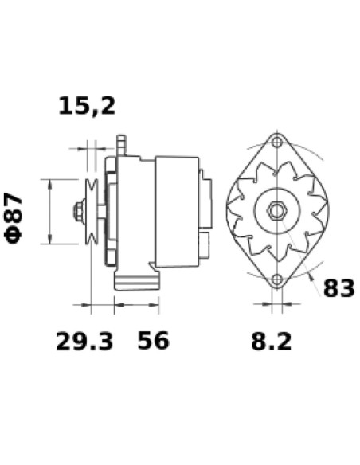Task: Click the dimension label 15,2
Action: (87, 105)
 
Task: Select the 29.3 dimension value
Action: (84, 342)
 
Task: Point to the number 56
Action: (153, 342)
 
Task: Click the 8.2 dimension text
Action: (271, 342)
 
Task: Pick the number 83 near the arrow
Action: (338, 287)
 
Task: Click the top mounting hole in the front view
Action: (276, 143)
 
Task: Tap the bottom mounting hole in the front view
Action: (276, 280)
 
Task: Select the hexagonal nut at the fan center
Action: (276, 212)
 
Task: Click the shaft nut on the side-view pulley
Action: (80, 212)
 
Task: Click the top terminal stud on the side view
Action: (122, 145)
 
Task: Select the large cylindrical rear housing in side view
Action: (176, 211)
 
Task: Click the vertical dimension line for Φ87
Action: (51, 211)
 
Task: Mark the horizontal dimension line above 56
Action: (137, 304)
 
